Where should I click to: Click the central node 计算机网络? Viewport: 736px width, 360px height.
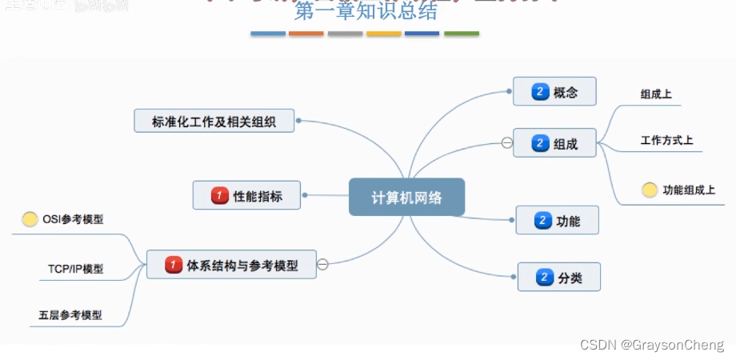click(x=406, y=197)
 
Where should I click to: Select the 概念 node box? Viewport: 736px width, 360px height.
click(x=554, y=92)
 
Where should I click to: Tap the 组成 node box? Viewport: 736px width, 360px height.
click(x=554, y=145)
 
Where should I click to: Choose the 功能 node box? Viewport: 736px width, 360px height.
click(x=557, y=220)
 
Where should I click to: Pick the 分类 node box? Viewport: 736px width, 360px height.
click(x=558, y=278)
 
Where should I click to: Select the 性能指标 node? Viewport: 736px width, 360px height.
click(x=246, y=195)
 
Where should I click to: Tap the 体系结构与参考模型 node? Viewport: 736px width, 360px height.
click(x=231, y=265)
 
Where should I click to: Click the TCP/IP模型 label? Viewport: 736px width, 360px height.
click(x=75, y=269)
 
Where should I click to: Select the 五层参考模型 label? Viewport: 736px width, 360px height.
click(x=70, y=315)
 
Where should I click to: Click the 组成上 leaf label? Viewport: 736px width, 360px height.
click(x=656, y=94)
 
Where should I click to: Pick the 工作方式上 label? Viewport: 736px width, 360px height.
click(x=666, y=141)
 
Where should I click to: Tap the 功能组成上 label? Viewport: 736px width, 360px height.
click(x=689, y=190)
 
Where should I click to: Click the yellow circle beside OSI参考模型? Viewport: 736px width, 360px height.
click(x=30, y=219)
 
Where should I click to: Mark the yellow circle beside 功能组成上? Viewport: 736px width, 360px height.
click(x=650, y=190)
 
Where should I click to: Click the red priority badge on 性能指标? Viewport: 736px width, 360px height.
click(x=219, y=195)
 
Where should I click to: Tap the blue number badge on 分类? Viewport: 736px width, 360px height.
click(x=545, y=278)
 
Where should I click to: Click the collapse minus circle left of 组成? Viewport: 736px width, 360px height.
click(x=506, y=143)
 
